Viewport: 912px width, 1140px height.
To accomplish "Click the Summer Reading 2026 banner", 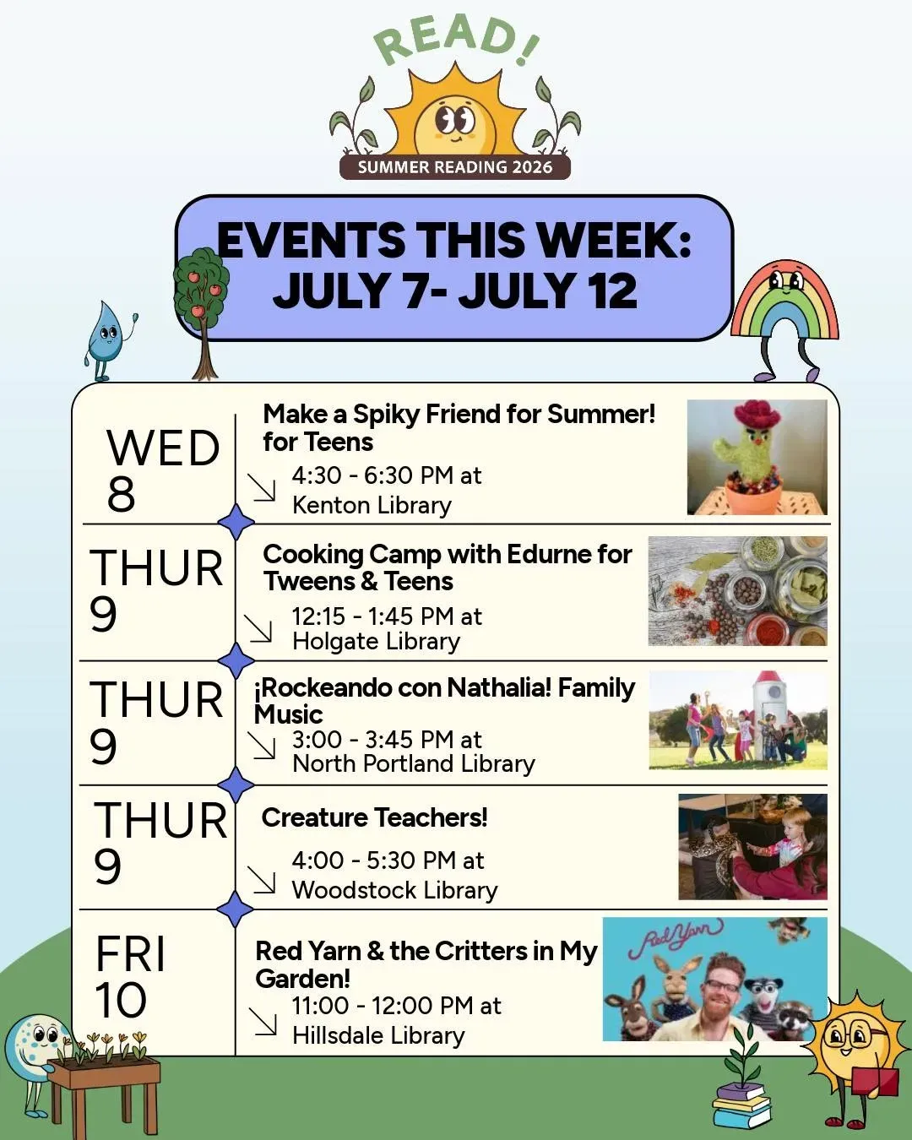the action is (454, 167).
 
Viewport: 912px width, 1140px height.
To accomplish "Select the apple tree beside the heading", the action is (201, 313).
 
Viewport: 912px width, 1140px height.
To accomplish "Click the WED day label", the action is (163, 448).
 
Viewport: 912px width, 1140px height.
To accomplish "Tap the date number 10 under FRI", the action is (120, 1000).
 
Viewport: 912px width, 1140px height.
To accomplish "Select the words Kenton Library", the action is (372, 505).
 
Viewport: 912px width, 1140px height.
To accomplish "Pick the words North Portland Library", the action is (413, 763).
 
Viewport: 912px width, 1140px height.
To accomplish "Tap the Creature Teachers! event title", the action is (374, 817).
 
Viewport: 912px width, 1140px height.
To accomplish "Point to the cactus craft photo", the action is (757, 457).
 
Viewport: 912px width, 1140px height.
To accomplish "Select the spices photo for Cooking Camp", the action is (737, 590).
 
